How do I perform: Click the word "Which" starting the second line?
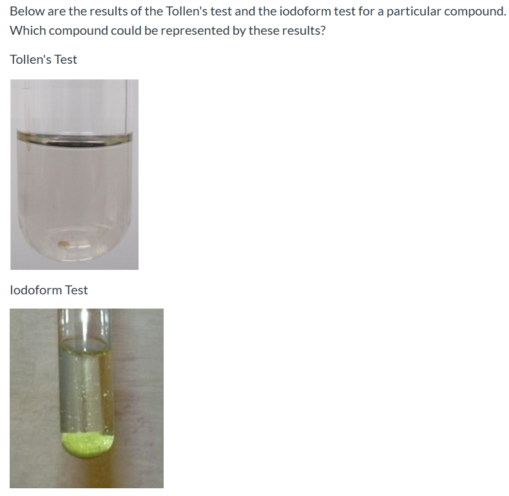point(26,30)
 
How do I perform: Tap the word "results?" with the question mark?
point(302,30)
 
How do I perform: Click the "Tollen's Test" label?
point(43,59)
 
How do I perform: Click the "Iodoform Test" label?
point(49,290)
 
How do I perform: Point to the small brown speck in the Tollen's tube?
point(64,243)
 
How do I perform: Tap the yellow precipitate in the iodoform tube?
point(88,443)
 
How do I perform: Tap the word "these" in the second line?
point(263,30)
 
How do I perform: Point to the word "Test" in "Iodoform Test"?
point(76,290)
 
